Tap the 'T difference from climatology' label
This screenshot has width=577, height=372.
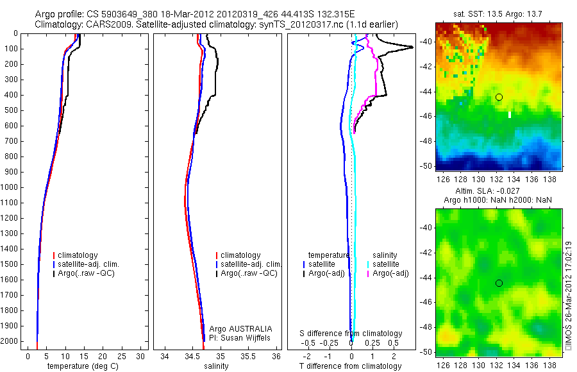[350, 366]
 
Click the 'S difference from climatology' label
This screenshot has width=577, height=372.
[351, 334]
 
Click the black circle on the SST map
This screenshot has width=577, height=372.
[499, 97]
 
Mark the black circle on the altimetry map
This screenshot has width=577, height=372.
[499, 283]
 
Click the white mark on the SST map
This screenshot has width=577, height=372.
[510, 115]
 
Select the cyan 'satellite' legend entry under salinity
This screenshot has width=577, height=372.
[385, 264]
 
